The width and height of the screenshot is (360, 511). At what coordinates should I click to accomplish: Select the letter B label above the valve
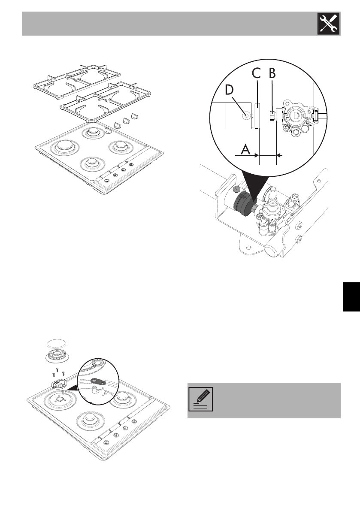(x=272, y=73)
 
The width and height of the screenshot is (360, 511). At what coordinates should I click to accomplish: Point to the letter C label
(x=256, y=73)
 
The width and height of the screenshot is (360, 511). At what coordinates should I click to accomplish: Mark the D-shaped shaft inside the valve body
(x=296, y=115)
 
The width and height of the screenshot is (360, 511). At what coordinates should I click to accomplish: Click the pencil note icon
(x=200, y=400)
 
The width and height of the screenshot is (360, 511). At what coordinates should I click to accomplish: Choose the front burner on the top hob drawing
(x=91, y=163)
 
